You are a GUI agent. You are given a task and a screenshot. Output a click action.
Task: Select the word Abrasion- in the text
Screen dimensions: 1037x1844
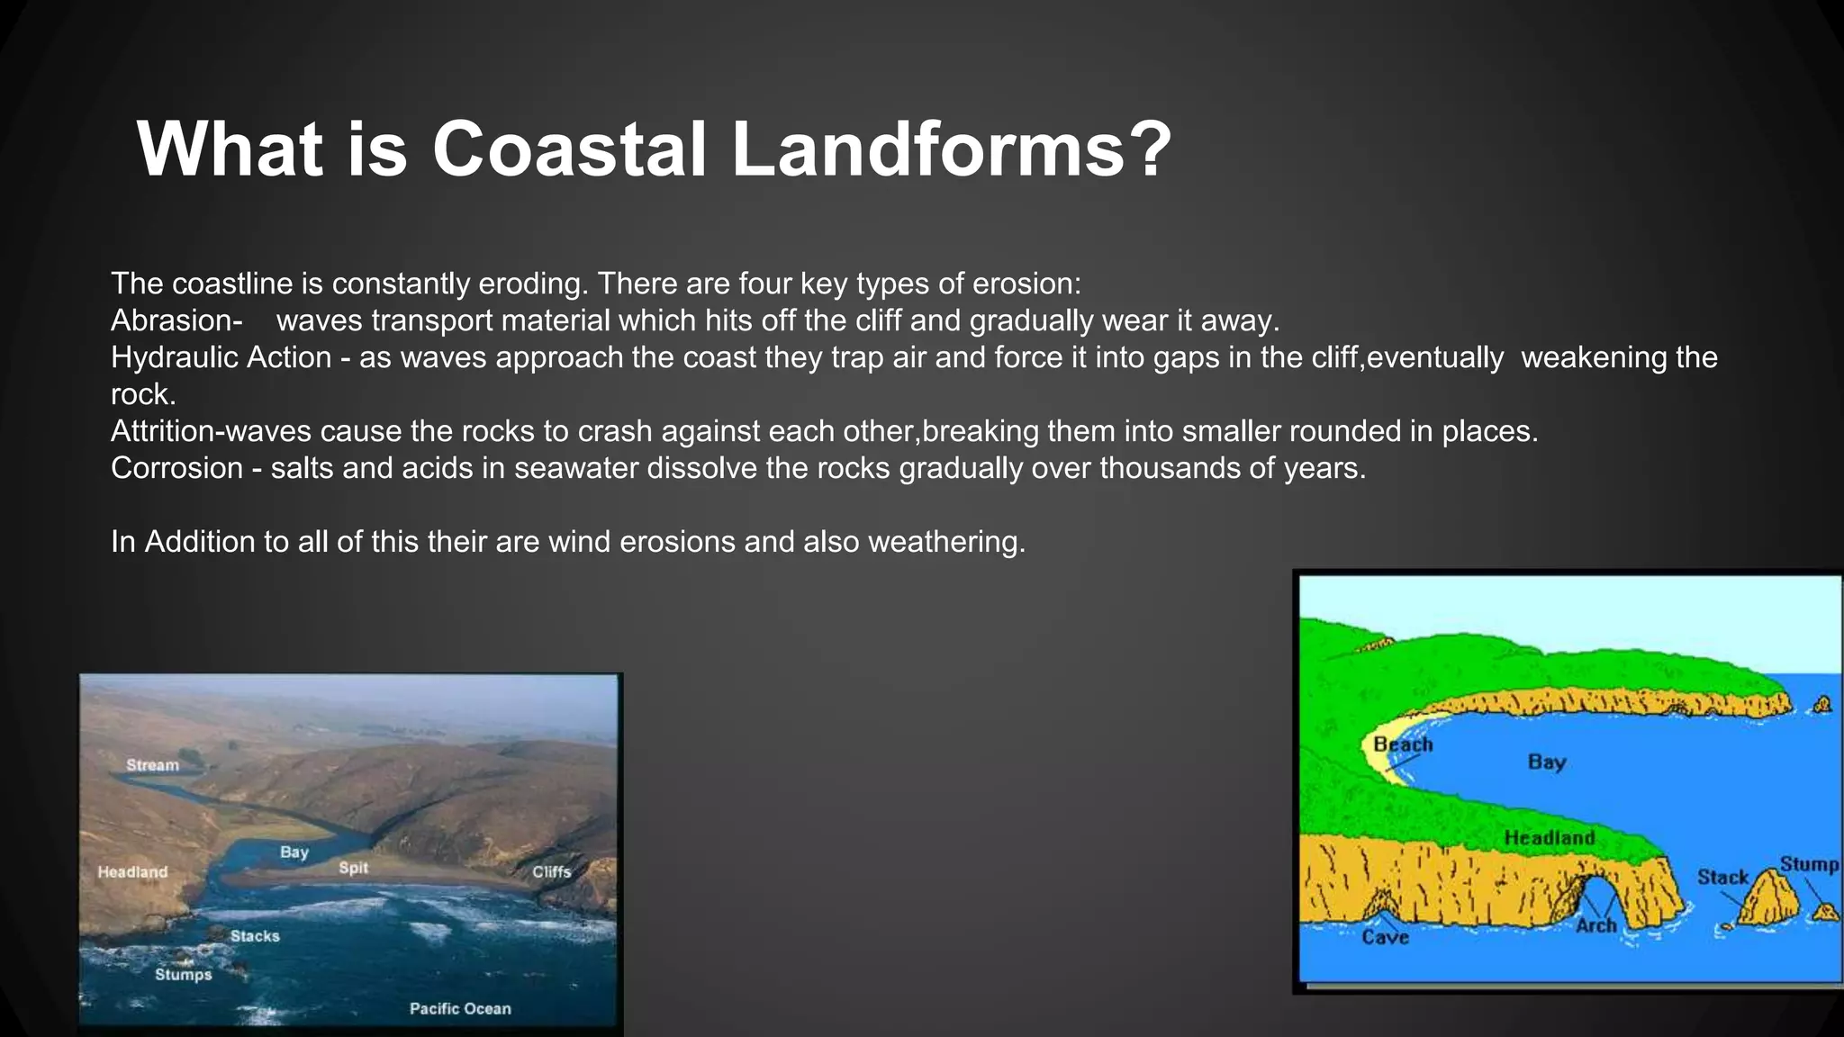click(x=176, y=320)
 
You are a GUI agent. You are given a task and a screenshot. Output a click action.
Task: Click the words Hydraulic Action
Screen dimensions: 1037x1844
click(x=221, y=357)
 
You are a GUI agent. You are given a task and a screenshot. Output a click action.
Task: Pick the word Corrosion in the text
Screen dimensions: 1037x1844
click(x=176, y=468)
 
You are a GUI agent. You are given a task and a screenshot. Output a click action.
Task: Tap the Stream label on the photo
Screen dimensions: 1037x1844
click(x=152, y=765)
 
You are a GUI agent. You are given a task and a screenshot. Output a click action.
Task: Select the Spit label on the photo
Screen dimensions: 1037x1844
click(x=353, y=868)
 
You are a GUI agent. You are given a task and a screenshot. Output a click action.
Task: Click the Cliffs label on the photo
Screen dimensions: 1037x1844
click(x=551, y=871)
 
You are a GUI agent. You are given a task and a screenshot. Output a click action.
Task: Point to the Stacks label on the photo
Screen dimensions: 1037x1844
click(x=255, y=936)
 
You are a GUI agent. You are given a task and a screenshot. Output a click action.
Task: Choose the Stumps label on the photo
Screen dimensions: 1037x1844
click(x=183, y=975)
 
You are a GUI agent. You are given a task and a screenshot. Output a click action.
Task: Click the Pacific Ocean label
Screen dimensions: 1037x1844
click(x=460, y=1009)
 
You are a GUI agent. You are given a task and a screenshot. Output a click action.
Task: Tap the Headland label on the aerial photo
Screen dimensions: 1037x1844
click(x=132, y=872)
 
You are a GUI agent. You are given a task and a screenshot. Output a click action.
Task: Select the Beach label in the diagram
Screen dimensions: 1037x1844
click(x=1402, y=745)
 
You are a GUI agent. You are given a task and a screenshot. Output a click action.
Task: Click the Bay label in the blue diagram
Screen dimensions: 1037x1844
click(x=1547, y=762)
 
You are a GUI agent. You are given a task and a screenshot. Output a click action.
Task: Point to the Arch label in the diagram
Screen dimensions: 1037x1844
click(x=1595, y=925)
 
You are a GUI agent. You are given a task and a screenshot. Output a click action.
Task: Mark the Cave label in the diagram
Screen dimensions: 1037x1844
click(x=1385, y=938)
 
